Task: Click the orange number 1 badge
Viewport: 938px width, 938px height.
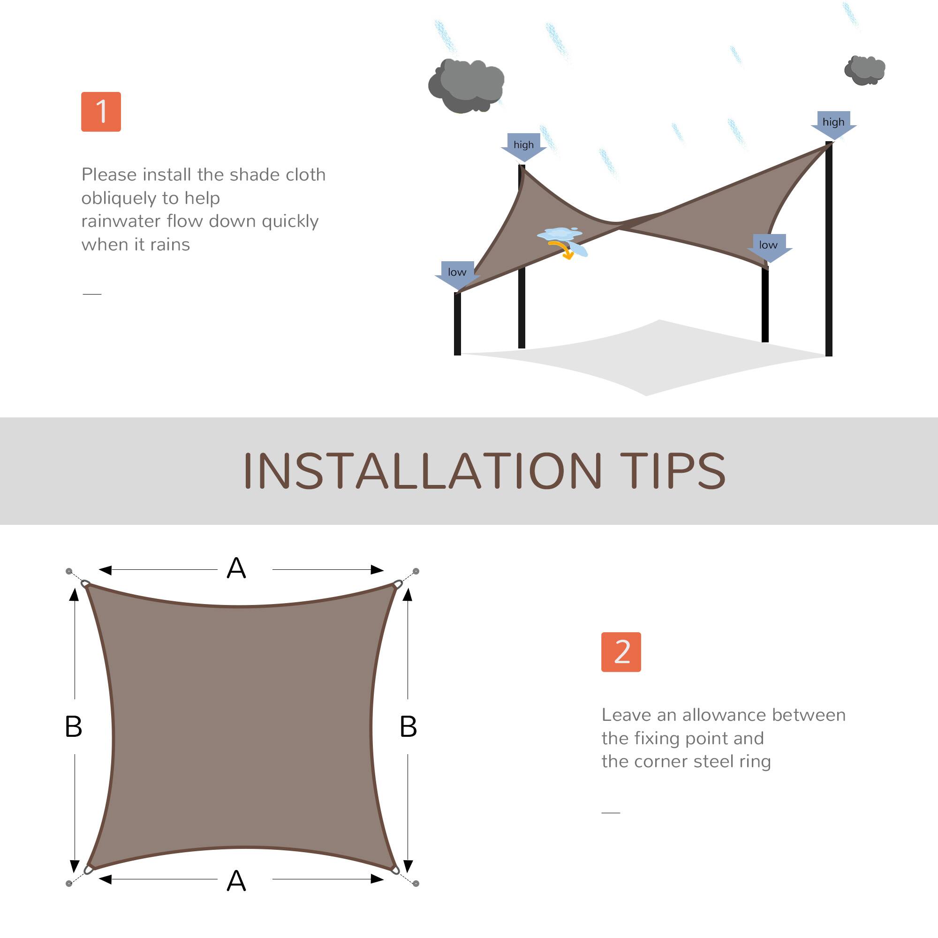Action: click(x=100, y=112)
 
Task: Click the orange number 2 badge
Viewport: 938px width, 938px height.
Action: click(x=620, y=652)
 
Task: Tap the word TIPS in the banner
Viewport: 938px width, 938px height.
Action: click(x=672, y=470)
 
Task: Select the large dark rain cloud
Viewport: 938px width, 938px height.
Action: click(x=466, y=85)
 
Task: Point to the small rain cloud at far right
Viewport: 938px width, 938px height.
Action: click(x=865, y=70)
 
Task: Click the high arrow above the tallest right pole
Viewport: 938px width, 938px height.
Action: click(x=833, y=124)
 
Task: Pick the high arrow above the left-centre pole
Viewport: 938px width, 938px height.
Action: click(x=523, y=146)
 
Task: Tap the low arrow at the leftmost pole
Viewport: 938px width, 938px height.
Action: click(x=457, y=274)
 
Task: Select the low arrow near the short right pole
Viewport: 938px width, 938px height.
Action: click(x=769, y=247)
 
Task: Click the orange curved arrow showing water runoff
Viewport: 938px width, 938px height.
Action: click(x=562, y=250)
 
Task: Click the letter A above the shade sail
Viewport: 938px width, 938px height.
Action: click(x=236, y=568)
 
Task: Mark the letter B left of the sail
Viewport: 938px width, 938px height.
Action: click(x=73, y=727)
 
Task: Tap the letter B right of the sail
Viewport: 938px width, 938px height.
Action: click(x=408, y=727)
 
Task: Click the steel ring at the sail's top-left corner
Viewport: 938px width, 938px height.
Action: click(x=85, y=583)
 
